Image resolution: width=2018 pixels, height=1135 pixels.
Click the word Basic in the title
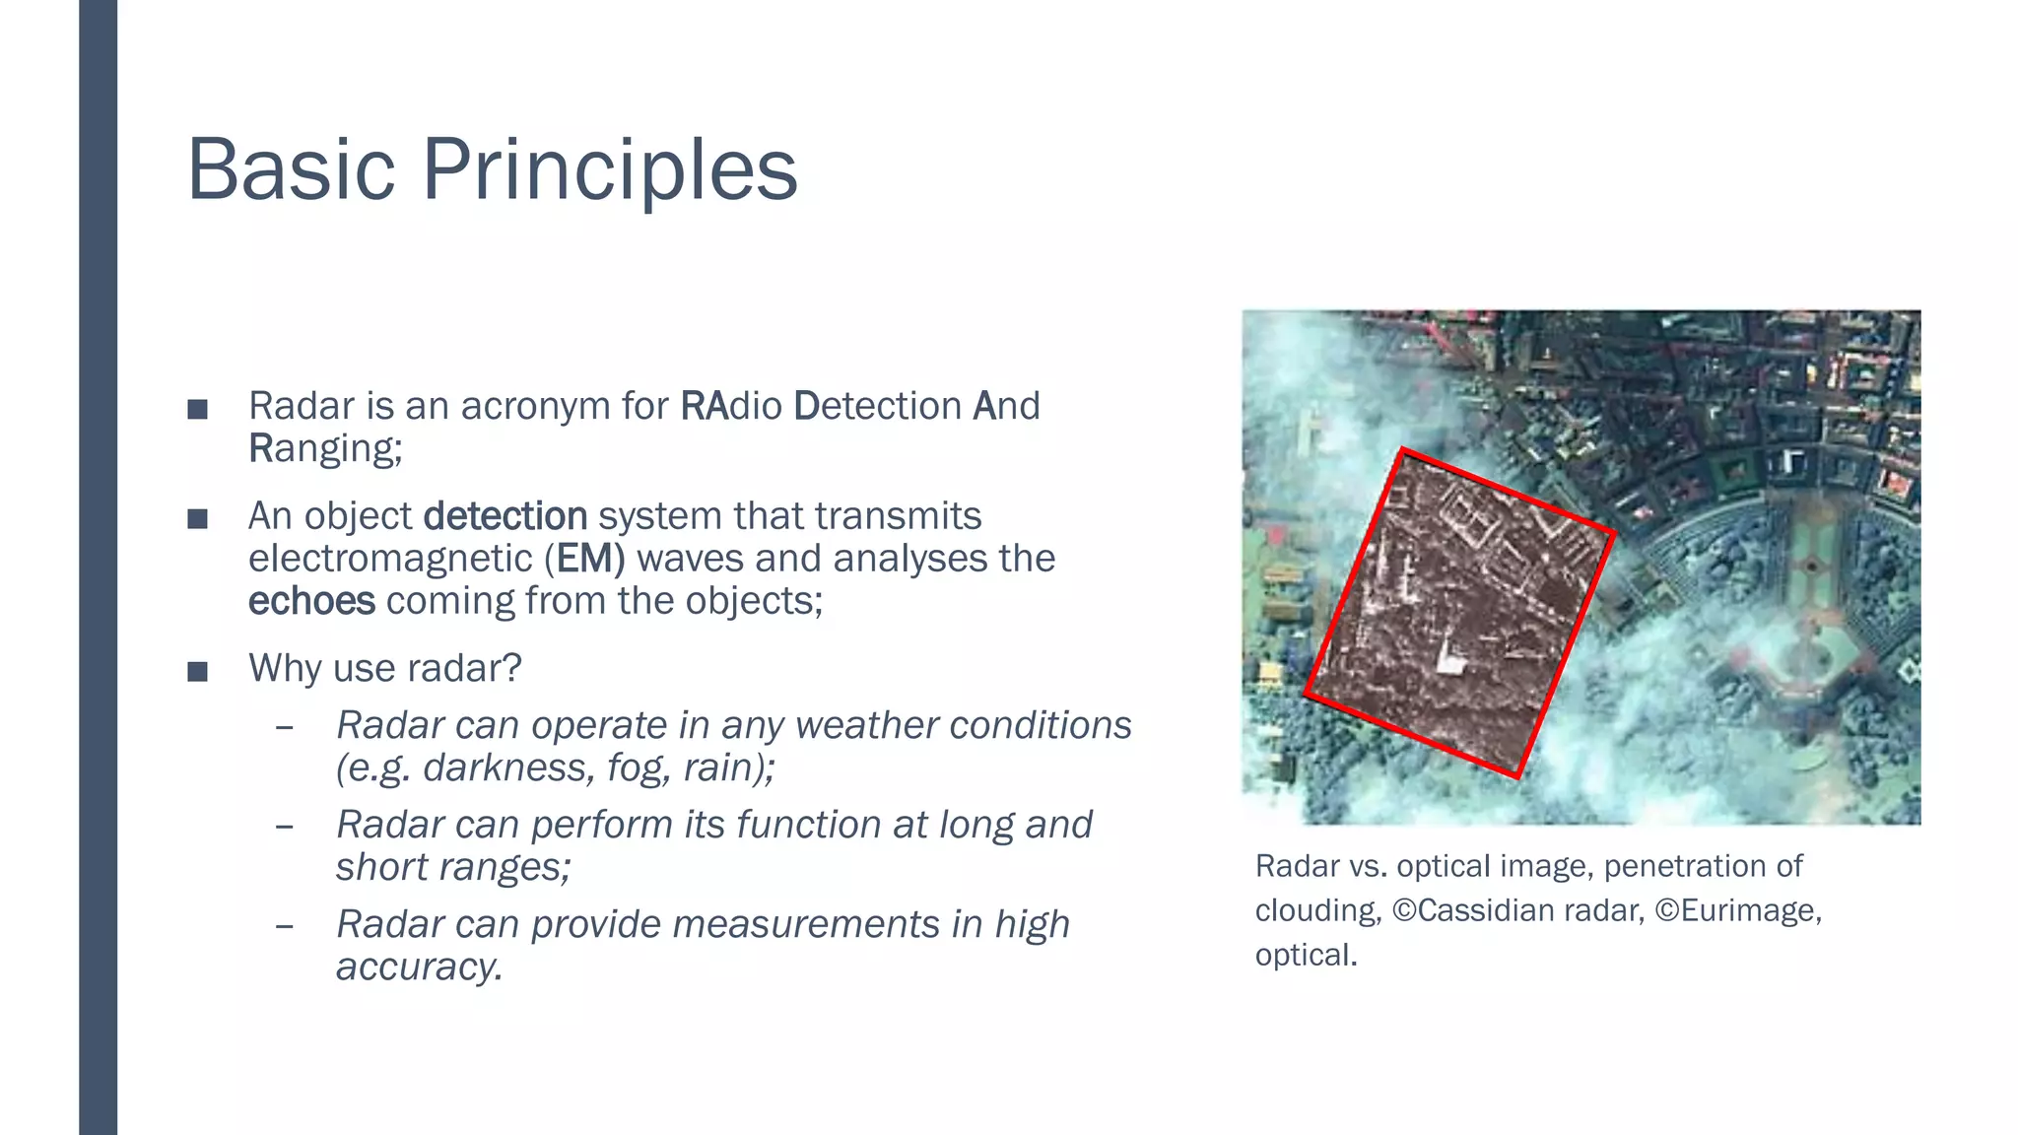[291, 169]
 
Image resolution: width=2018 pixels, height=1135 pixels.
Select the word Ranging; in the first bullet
[325, 449]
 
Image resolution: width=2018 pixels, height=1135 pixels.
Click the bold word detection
[504, 516]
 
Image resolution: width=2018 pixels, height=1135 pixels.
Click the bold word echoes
[311, 601]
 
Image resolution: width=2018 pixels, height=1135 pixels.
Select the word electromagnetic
[390, 559]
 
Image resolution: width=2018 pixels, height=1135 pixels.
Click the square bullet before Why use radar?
[197, 672]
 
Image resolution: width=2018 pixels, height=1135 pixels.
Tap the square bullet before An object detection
[197, 519]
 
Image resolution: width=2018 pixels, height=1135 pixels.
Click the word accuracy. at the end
[420, 967]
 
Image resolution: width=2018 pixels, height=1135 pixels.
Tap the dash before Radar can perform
[285, 826]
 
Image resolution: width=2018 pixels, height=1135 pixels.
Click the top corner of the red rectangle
[1403, 451]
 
